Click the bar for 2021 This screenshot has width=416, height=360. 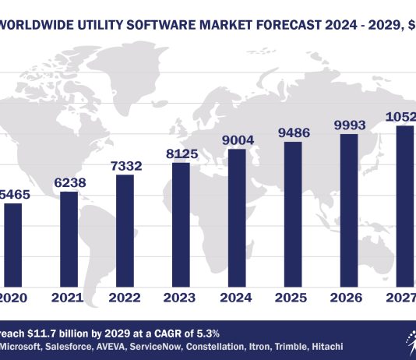69,238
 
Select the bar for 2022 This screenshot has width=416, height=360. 125,229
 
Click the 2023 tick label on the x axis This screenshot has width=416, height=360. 181,298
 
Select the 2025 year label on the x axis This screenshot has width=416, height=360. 293,298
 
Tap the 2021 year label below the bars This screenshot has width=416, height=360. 69,298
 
